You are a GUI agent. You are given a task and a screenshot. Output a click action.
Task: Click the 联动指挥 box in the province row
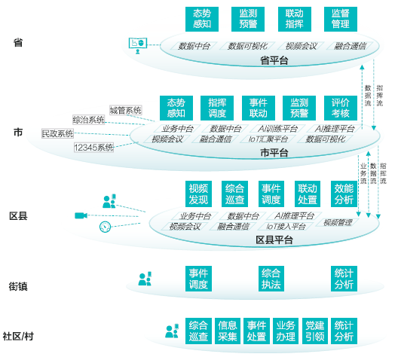click(x=295, y=19)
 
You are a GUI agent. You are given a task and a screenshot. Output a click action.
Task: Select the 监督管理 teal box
click(x=341, y=19)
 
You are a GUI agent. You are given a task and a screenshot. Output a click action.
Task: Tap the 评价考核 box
click(x=341, y=108)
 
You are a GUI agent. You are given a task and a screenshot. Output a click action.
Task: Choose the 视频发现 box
click(x=198, y=194)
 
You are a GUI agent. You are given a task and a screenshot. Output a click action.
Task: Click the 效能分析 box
click(x=344, y=194)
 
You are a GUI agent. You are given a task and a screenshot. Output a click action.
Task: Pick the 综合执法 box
click(x=271, y=279)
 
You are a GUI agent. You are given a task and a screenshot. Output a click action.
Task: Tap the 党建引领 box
click(x=315, y=331)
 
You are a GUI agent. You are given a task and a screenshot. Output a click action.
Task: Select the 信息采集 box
click(x=228, y=331)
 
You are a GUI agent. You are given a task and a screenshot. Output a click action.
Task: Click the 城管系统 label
click(x=126, y=110)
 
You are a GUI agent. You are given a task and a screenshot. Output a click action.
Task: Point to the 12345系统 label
click(x=93, y=148)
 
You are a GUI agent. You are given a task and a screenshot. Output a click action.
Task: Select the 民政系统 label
click(x=57, y=133)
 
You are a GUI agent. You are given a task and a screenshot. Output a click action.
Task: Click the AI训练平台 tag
click(x=277, y=129)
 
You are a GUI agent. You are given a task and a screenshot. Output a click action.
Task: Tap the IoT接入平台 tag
click(x=286, y=226)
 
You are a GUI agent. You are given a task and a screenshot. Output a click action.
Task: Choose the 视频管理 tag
click(x=338, y=223)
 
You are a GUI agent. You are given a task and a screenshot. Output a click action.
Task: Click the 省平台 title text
click(x=274, y=61)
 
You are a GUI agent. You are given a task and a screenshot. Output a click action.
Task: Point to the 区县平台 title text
click(x=274, y=239)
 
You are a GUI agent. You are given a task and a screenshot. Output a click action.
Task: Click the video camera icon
click(x=81, y=215)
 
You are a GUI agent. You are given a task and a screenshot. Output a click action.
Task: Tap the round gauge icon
click(x=105, y=227)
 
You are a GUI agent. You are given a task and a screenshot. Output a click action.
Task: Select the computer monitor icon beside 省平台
click(x=138, y=45)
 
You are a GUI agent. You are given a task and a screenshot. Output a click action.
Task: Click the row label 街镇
click(x=18, y=286)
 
